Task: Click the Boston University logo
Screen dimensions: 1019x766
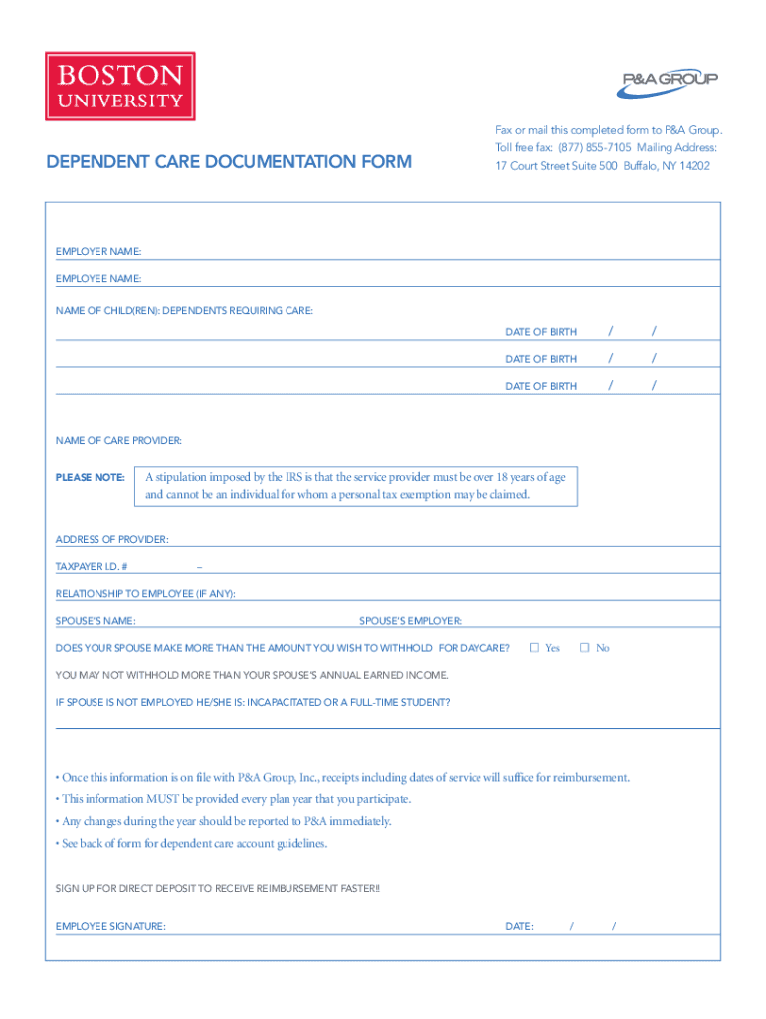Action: [119, 87]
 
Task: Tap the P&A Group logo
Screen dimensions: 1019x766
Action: [666, 85]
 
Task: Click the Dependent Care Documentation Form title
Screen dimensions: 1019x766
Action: [229, 161]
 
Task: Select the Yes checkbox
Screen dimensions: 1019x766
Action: [534, 648]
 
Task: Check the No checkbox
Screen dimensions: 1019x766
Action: [585, 648]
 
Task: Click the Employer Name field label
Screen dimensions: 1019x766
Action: [98, 251]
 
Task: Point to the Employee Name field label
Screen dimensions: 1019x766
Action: [98, 278]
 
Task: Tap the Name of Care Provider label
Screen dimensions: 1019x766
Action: [118, 440]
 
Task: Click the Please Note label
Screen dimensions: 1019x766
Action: [90, 478]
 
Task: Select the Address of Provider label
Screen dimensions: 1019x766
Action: [112, 539]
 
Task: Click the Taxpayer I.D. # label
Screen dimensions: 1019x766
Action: [92, 567]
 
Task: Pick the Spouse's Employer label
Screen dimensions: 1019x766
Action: [410, 621]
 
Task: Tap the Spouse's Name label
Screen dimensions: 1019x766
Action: [96, 621]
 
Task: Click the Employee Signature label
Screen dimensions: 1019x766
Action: [110, 926]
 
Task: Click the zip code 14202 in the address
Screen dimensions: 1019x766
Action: [694, 166]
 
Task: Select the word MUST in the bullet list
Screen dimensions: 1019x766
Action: [164, 799]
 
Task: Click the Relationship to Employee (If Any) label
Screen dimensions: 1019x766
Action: [145, 594]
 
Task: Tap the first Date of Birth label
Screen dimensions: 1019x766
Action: [541, 331]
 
